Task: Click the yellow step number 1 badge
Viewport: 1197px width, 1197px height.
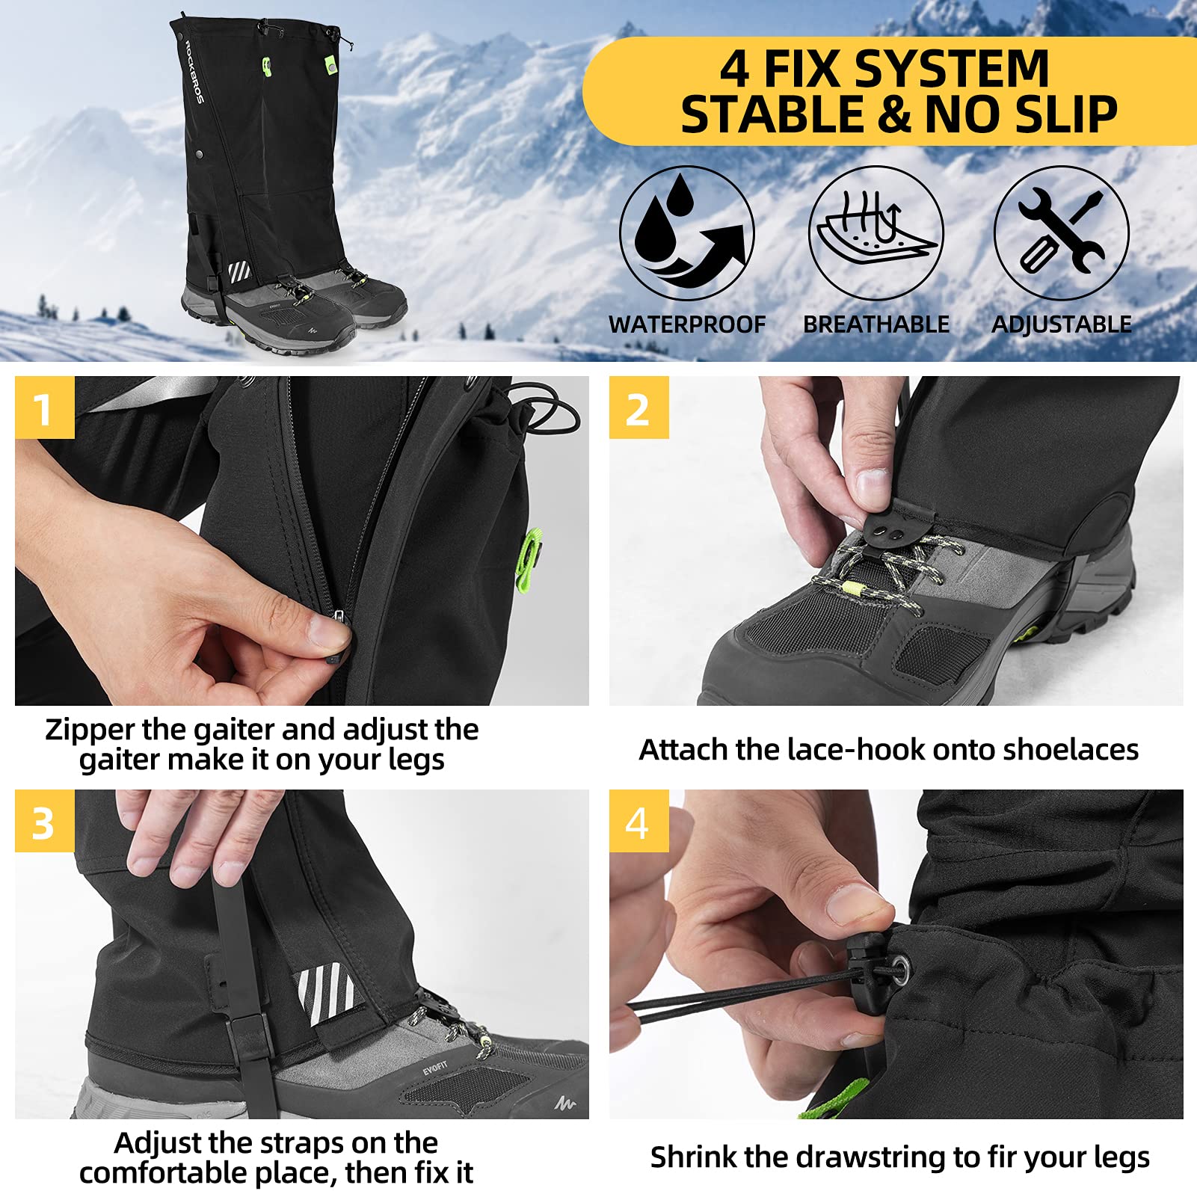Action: tap(44, 407)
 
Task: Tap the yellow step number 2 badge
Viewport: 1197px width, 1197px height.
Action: tap(638, 407)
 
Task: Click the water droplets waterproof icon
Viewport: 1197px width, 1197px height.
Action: tap(686, 233)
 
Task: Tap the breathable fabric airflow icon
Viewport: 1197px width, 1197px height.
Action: tap(876, 233)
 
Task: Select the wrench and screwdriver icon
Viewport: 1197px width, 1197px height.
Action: tap(1061, 233)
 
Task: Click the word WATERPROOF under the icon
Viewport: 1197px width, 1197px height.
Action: tap(686, 324)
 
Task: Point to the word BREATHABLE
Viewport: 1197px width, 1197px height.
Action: tap(876, 324)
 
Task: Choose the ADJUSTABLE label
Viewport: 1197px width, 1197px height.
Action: tap(1061, 324)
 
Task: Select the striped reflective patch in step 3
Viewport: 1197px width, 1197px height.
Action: tap(326, 994)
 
